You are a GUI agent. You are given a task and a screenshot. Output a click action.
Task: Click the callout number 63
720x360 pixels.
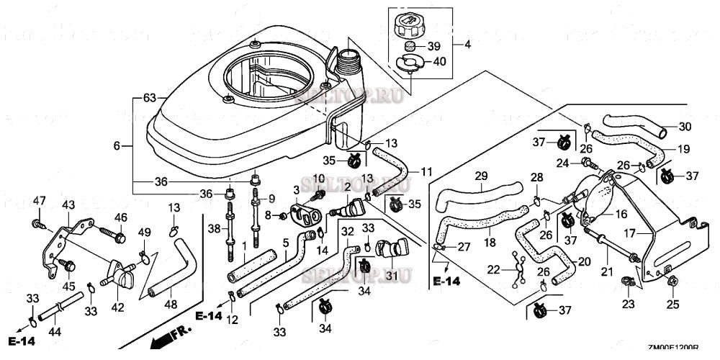(150, 97)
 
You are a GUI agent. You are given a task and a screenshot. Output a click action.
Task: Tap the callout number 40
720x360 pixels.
(437, 62)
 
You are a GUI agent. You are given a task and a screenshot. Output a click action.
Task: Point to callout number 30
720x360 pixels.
(685, 127)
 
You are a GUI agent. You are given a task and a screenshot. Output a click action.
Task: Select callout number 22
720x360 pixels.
(494, 269)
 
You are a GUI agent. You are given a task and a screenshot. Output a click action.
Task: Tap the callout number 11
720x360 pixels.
(427, 172)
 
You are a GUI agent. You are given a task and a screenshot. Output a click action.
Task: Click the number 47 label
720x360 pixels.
(39, 200)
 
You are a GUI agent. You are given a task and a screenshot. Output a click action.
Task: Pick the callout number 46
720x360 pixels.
(120, 217)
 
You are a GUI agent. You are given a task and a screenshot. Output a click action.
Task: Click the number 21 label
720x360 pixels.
(606, 270)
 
